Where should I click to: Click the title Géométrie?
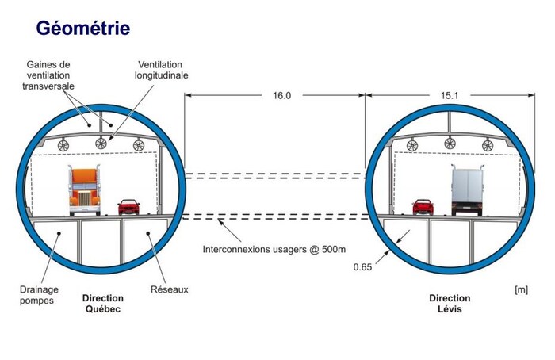[83, 29]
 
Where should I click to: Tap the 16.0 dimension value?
[282, 96]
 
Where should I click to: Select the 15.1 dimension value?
[449, 96]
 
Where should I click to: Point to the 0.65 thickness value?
[363, 267]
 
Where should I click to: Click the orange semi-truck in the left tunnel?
[83, 190]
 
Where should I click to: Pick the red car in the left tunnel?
[128, 207]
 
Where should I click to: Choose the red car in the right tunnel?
[423, 207]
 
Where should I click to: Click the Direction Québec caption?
[102, 304]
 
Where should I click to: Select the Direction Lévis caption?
[450, 304]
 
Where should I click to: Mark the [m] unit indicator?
[521, 289]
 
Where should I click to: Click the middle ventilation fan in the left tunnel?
[101, 144]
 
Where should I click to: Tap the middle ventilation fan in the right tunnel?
[450, 144]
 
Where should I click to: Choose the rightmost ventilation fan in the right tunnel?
[488, 144]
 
